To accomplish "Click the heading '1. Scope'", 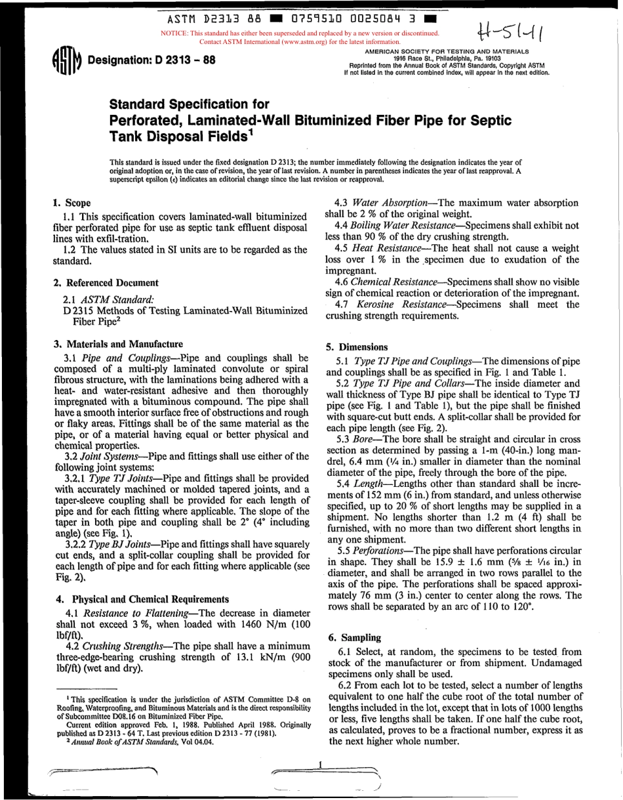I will point(71,203).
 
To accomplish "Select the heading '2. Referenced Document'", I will point(106,283).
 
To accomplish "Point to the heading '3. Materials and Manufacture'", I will point(117,344).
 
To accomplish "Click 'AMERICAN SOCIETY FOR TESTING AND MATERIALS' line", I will point(447,51).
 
